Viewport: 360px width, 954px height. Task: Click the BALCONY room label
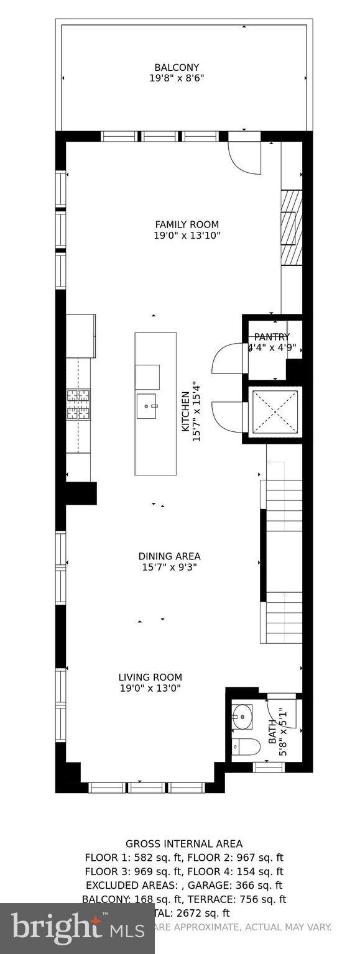pyautogui.click(x=177, y=67)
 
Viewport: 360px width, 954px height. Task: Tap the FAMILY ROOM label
pyautogui.click(x=187, y=224)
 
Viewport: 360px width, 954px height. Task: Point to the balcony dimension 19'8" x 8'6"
pyautogui.click(x=177, y=78)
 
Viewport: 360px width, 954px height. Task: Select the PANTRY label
pyautogui.click(x=272, y=337)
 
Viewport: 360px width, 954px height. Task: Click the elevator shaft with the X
pyautogui.click(x=275, y=411)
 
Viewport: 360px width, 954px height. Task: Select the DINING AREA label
pyautogui.click(x=169, y=556)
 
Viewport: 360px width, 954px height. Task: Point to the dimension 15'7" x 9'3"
pyautogui.click(x=169, y=567)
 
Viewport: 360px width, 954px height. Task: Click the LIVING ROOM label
pyautogui.click(x=150, y=677)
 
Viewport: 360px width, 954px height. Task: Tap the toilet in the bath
pyautogui.click(x=246, y=746)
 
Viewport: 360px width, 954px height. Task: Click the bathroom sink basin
pyautogui.click(x=242, y=716)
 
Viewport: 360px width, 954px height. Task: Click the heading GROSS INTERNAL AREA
pyautogui.click(x=184, y=843)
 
